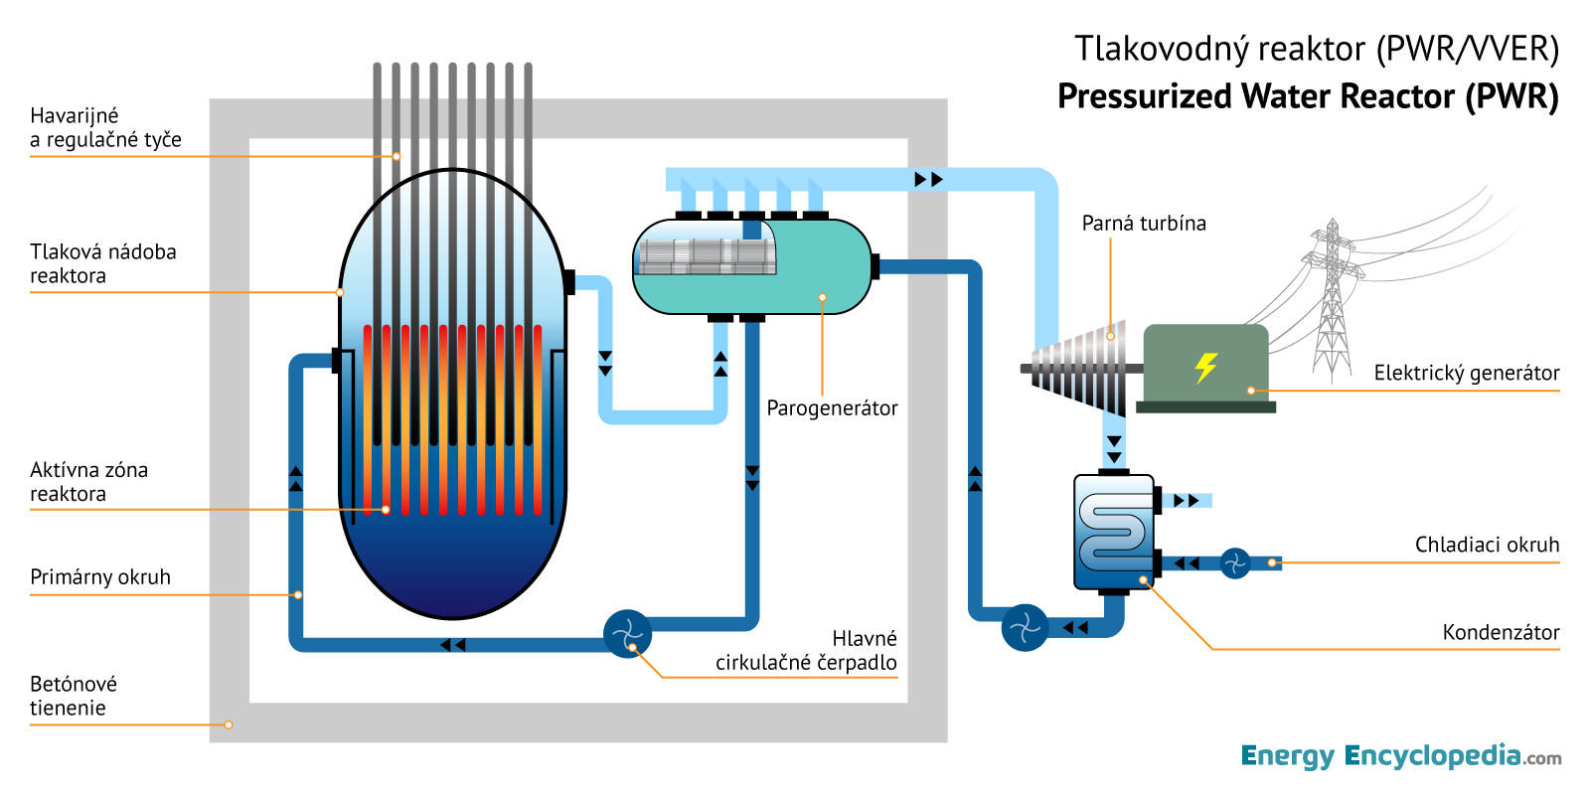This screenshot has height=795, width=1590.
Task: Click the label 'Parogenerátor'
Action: [832, 408]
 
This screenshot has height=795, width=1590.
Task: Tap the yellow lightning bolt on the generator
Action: [1205, 367]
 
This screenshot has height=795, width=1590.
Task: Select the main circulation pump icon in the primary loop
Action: [627, 634]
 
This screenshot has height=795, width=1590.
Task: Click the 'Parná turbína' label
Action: [1144, 224]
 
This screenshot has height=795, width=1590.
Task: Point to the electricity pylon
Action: [1332, 298]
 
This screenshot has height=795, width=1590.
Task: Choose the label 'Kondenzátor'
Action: [1501, 633]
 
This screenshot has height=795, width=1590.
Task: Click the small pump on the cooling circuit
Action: [1234, 563]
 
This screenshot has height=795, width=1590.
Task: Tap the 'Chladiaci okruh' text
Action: [1487, 546]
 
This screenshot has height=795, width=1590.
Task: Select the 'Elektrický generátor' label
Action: [1466, 374]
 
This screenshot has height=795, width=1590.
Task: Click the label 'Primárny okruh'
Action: [100, 577]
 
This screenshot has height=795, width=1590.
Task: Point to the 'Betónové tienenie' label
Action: [74, 696]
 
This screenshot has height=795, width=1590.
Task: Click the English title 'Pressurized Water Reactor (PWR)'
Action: [1308, 96]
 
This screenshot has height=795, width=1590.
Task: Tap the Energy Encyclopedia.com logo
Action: [1400, 756]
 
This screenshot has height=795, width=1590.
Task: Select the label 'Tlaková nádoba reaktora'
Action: [102, 264]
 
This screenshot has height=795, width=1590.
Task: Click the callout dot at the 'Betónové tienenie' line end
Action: [229, 724]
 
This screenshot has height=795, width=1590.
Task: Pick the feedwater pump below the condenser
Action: [1025, 628]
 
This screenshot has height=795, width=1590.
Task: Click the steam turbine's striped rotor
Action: [1083, 368]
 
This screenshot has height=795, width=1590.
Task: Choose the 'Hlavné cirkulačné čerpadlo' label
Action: [806, 651]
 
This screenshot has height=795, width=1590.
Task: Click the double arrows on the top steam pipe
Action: [928, 180]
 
